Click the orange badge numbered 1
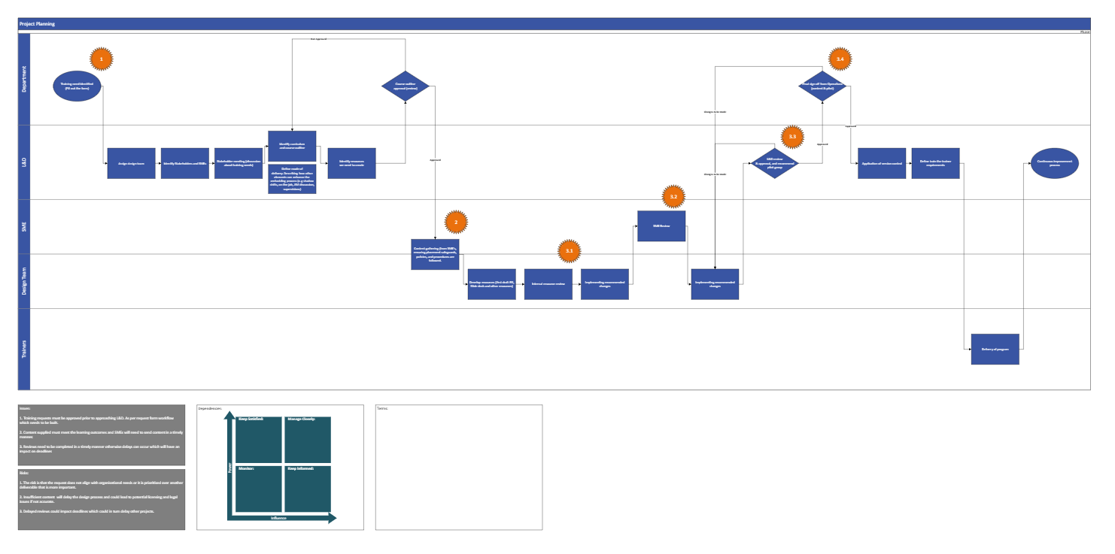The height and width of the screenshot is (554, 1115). [x=101, y=59]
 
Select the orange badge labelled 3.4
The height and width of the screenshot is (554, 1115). [x=840, y=59]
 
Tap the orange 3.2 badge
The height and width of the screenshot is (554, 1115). [x=673, y=197]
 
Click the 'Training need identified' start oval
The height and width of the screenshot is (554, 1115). [x=77, y=86]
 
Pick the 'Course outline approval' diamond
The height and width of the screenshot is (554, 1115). [x=406, y=86]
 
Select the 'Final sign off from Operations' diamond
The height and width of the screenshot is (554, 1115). [x=823, y=86]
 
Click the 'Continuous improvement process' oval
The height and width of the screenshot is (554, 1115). [x=1054, y=163]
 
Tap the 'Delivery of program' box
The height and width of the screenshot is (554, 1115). [x=995, y=349]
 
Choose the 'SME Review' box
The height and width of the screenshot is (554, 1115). [x=661, y=226]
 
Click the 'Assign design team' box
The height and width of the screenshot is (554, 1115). [x=131, y=163]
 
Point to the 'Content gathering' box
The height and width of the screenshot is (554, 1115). [x=435, y=254]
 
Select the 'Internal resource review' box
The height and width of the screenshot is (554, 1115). [x=548, y=284]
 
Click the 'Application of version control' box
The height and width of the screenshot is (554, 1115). [x=882, y=163]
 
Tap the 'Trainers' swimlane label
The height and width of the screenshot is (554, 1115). [x=24, y=349]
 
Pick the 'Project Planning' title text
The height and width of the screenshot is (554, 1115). [x=38, y=24]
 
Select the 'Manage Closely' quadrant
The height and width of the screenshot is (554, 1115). [x=307, y=439]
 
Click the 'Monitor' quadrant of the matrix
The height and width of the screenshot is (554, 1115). [x=258, y=489]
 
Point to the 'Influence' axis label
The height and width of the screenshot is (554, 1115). [x=279, y=518]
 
